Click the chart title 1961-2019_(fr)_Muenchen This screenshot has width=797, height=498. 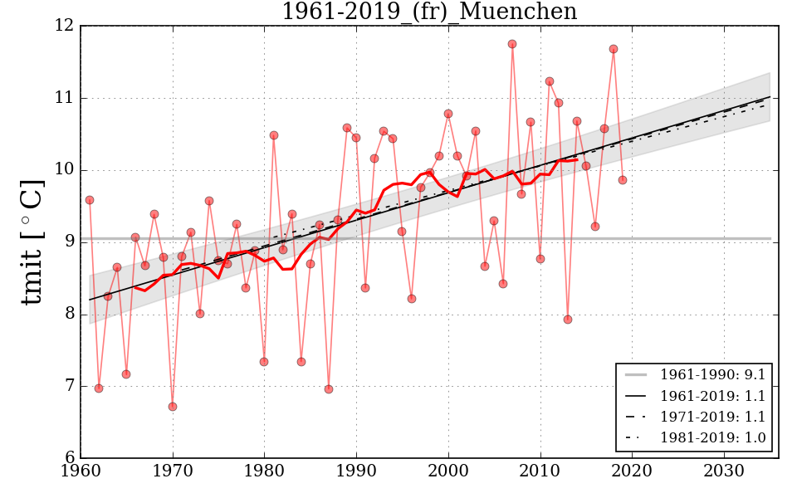coord(428,12)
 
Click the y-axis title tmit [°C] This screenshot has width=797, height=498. coord(32,242)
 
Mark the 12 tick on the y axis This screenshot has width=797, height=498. coord(66,27)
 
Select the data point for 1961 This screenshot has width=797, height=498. coord(90,200)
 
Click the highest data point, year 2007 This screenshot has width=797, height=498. coord(512,44)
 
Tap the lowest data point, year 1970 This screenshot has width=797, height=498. coord(173,407)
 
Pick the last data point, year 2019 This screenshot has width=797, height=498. coord(623,180)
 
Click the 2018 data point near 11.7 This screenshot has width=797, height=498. coord(614,49)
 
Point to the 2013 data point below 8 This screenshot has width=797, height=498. coord(568,320)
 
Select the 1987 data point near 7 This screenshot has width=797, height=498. coord(329,389)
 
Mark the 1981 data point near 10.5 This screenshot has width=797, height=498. coord(274,135)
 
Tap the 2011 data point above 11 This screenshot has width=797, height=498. coord(550,81)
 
